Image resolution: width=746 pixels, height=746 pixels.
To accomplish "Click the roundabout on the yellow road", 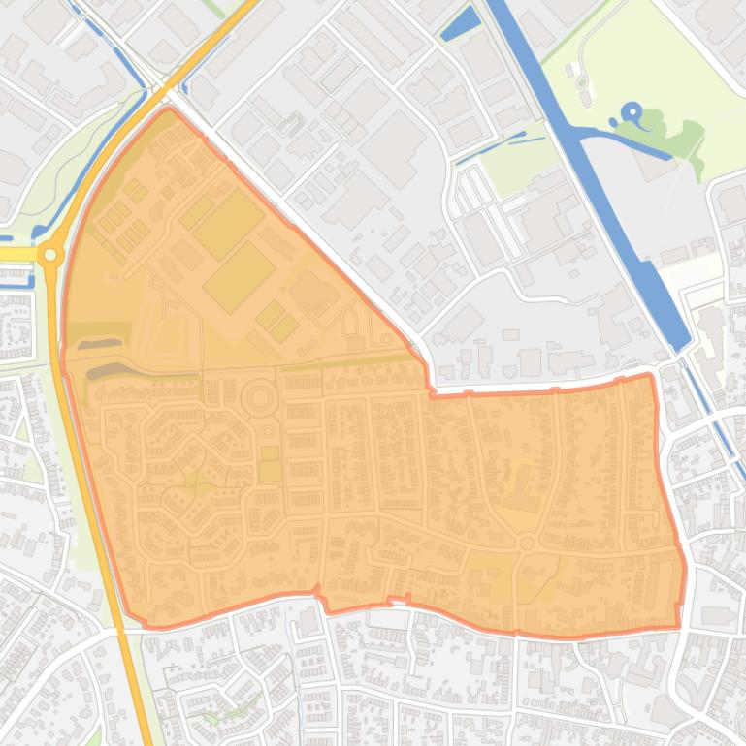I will [50, 255].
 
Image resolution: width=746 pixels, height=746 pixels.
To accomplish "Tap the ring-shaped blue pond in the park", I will [632, 112].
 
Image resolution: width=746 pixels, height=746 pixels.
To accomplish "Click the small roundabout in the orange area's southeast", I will [527, 544].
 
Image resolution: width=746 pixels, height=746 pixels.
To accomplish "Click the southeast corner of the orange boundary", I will [679, 627].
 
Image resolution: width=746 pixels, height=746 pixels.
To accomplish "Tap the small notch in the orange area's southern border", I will [322, 601].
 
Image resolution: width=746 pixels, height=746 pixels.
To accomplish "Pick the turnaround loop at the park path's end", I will [582, 82].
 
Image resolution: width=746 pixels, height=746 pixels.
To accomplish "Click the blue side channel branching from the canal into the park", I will [621, 140].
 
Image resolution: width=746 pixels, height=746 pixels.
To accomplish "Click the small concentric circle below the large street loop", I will [268, 431].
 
